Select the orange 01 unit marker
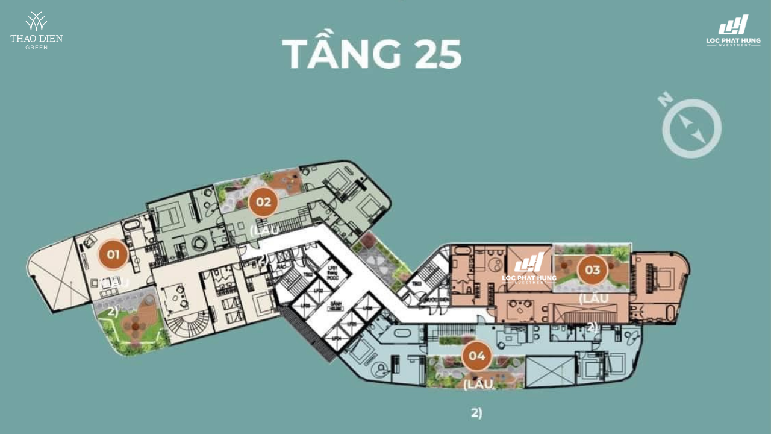point(113,254)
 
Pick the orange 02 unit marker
point(263,202)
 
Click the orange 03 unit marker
point(592,269)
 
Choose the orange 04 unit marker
point(477,356)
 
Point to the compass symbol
point(691,128)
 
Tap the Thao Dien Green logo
point(36,30)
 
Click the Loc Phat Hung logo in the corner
point(733,30)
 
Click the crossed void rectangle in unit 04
point(551,371)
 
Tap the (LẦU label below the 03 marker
point(593,298)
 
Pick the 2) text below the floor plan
point(476,413)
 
